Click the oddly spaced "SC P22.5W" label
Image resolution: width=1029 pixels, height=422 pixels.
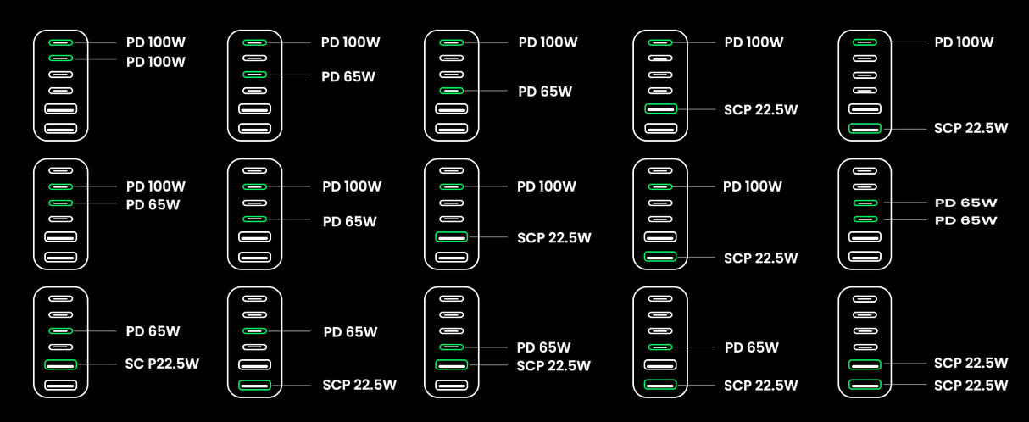point(162,364)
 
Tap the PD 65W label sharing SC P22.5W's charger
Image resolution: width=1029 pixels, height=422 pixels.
point(153,331)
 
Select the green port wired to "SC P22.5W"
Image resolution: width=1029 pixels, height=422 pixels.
point(60,364)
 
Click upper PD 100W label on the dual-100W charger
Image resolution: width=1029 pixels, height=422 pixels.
point(156,42)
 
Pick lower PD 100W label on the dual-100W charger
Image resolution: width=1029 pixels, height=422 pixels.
point(156,62)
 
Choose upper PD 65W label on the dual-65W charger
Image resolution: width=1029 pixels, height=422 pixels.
point(965,203)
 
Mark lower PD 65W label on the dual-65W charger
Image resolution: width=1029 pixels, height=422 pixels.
point(965,220)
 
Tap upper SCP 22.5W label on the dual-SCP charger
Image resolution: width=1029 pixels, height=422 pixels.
point(971,363)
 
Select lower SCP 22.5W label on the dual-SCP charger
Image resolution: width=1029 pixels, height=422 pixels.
point(971,385)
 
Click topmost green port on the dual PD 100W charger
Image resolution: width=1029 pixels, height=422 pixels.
point(60,42)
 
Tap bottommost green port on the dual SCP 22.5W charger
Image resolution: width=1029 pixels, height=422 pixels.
point(865,385)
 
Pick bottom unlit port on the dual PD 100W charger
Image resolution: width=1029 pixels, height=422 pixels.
point(60,129)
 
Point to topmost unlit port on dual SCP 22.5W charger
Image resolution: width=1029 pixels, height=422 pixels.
point(865,298)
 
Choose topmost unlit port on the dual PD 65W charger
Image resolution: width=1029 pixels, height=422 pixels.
point(865,170)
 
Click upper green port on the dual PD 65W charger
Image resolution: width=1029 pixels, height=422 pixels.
point(865,203)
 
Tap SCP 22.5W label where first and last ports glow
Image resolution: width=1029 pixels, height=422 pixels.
point(971,128)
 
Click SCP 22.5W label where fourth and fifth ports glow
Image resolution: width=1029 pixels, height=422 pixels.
point(553,366)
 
